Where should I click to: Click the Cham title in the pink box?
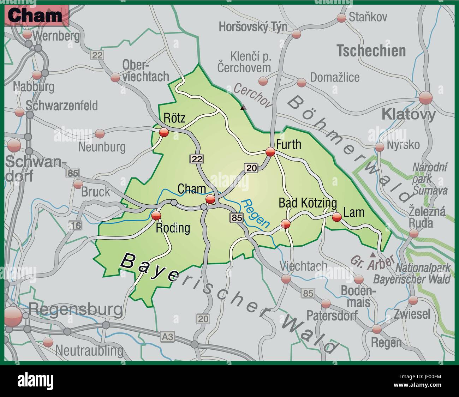pos(35,16)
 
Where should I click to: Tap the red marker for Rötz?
pos(163,132)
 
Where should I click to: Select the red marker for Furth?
pos(270,152)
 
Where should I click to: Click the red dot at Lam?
pos(337,217)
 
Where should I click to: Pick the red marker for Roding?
pos(156,216)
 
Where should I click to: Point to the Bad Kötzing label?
pos(308,203)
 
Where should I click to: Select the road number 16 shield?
pos(75,225)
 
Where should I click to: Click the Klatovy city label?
pos(409,114)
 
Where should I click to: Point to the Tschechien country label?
pos(371,51)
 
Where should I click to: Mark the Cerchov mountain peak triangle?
pos(243,108)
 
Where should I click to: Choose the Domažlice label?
pos(334,77)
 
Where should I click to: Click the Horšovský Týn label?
pos(253,26)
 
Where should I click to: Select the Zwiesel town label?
pos(412,313)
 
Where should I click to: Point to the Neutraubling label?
pos(89,351)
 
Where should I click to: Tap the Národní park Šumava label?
pos(430,179)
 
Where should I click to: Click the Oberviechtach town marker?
pos(115,78)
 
